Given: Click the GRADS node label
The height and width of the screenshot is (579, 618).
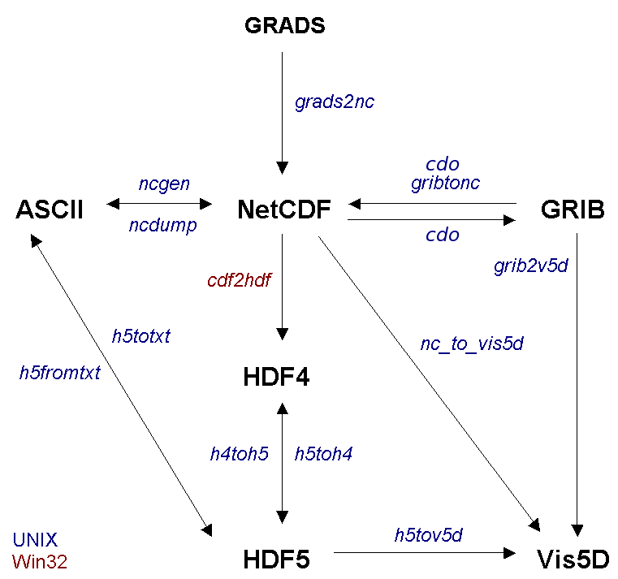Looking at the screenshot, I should [x=284, y=26].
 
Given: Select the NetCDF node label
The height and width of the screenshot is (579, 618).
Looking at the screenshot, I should [x=283, y=210].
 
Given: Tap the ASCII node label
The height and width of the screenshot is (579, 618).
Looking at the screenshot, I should [x=50, y=211].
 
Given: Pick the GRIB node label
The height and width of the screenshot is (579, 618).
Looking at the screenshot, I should [x=572, y=210].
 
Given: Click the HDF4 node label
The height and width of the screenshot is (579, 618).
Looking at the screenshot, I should [x=276, y=378].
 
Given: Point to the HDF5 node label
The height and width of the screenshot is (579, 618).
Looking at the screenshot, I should [x=276, y=560].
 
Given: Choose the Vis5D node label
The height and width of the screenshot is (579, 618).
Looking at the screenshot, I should [x=573, y=560].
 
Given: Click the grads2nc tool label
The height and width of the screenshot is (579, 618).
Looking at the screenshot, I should [x=335, y=103].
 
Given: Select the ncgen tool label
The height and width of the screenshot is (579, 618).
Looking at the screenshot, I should [x=164, y=184].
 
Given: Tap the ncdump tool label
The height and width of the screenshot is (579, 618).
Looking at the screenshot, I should [x=162, y=226].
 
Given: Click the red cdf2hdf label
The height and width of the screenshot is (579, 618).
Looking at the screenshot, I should [x=239, y=281].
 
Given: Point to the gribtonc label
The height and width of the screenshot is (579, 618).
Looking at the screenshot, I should [x=445, y=183].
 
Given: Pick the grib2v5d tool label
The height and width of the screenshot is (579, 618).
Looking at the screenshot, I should [x=530, y=266].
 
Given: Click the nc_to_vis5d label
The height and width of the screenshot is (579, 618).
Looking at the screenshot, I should [x=472, y=344].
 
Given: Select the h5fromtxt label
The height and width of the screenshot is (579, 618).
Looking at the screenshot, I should [x=60, y=373].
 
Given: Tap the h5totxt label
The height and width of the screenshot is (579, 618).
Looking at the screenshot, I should [x=140, y=335].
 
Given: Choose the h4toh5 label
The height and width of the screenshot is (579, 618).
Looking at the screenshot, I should [x=239, y=454].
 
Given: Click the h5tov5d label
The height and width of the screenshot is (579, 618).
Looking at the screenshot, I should [x=428, y=534].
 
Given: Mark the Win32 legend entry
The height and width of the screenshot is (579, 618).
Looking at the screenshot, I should [x=40, y=560].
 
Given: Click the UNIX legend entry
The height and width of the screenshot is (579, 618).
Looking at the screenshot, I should [x=35, y=539].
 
